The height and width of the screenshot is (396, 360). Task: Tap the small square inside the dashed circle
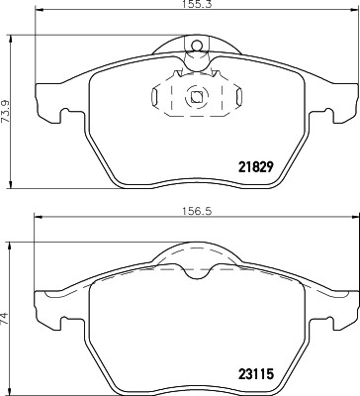click(x=196, y=97)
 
